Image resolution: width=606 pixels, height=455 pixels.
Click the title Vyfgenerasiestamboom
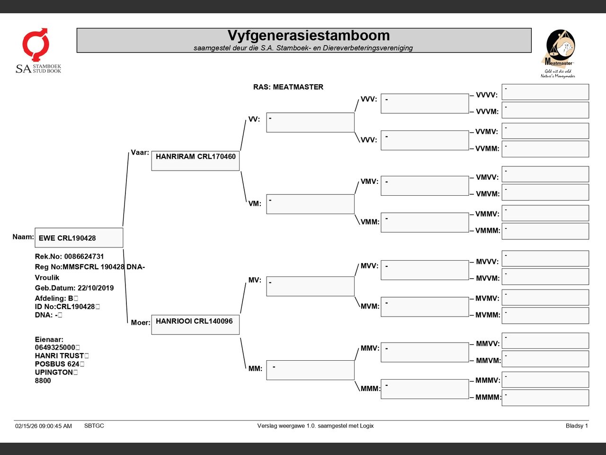click(308, 36)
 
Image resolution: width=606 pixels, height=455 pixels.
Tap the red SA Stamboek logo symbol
click(36, 45)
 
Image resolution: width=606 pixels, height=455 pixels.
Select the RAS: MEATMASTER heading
click(288, 87)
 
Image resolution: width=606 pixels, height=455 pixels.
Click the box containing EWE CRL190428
click(79, 237)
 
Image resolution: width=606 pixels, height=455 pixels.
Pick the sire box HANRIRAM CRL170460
click(196, 161)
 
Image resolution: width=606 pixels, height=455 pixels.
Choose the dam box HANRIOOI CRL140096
click(196, 325)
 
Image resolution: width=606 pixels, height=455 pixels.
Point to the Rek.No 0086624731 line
click(69, 256)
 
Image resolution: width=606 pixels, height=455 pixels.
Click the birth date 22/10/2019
click(96, 288)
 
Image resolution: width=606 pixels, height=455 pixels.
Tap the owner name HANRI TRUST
click(59, 355)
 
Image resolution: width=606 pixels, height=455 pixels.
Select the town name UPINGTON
click(54, 372)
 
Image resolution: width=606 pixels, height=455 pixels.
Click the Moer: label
click(141, 322)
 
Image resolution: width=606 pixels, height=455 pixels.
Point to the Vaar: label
click(140, 153)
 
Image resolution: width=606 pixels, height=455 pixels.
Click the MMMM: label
click(488, 397)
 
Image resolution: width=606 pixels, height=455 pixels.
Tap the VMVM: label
click(488, 194)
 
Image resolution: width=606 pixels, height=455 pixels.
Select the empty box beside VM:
click(310, 204)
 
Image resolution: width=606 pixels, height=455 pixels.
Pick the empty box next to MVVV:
click(545, 259)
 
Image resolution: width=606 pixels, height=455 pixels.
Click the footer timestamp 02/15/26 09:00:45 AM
click(44, 426)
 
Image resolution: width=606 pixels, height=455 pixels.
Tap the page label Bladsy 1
click(577, 426)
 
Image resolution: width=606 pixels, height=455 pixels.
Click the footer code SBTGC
click(94, 426)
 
